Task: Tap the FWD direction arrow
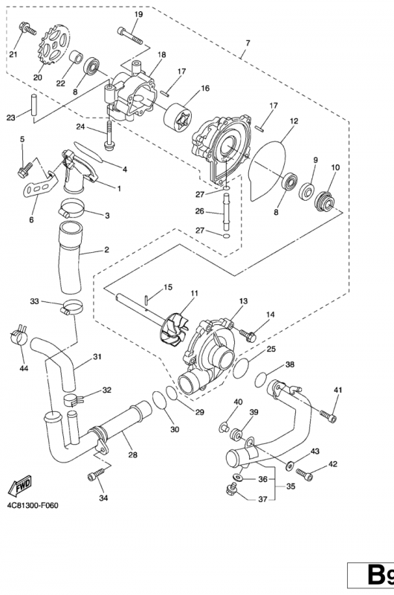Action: point(20,486)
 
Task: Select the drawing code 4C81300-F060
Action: point(33,505)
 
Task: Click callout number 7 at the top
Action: point(248,43)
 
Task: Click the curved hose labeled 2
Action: point(70,258)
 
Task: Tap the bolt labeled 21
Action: point(27,29)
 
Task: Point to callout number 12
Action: point(294,121)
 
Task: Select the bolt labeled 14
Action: point(248,335)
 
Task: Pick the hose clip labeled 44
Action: point(18,335)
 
